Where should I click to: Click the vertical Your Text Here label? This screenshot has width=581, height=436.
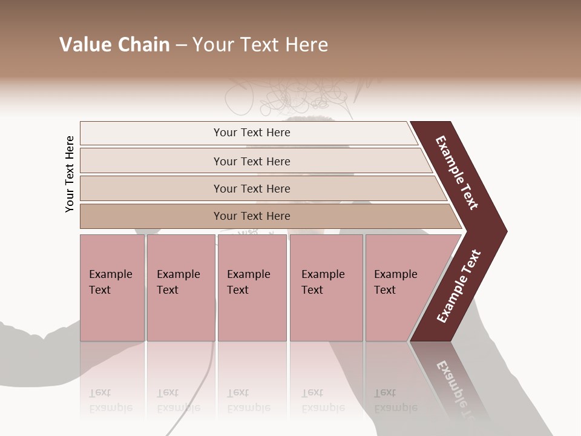(x=70, y=174)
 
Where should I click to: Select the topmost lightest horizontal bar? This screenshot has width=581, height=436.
(x=251, y=133)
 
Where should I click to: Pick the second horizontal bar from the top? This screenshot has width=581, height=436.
(x=251, y=161)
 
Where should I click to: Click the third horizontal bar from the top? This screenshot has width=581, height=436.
(x=251, y=188)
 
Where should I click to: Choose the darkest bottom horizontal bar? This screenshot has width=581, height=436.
(x=251, y=216)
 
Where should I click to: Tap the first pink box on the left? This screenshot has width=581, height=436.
(x=112, y=287)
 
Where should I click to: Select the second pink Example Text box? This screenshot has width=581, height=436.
(x=180, y=287)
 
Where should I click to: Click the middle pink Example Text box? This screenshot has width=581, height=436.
(x=252, y=287)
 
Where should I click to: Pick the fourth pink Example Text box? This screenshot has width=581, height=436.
(x=326, y=287)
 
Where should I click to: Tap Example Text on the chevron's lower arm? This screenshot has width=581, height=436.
(x=459, y=286)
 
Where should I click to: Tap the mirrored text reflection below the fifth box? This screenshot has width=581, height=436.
(x=387, y=400)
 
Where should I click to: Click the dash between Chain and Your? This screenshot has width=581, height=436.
(x=181, y=45)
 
